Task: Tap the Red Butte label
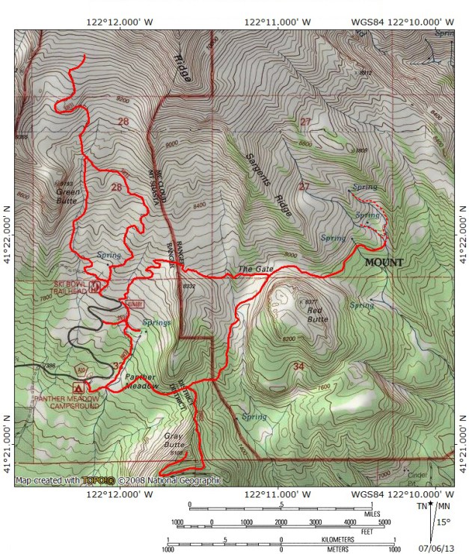pos(317,313)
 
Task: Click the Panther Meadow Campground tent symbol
pos(77,387)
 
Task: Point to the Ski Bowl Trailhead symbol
pos(95,286)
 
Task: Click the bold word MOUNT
pos(384,262)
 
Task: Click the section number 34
pos(298,366)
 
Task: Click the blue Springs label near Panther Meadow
pos(157,322)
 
